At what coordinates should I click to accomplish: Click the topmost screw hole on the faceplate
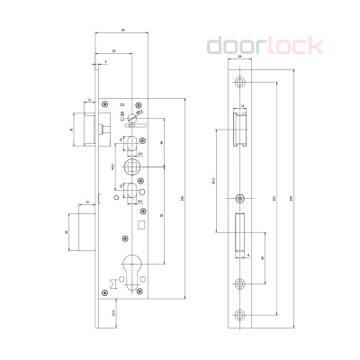(x=240, y=82)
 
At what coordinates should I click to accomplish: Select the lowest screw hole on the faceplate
(x=240, y=314)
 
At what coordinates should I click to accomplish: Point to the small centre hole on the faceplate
(x=240, y=198)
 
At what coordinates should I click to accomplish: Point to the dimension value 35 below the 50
(x=114, y=50)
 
